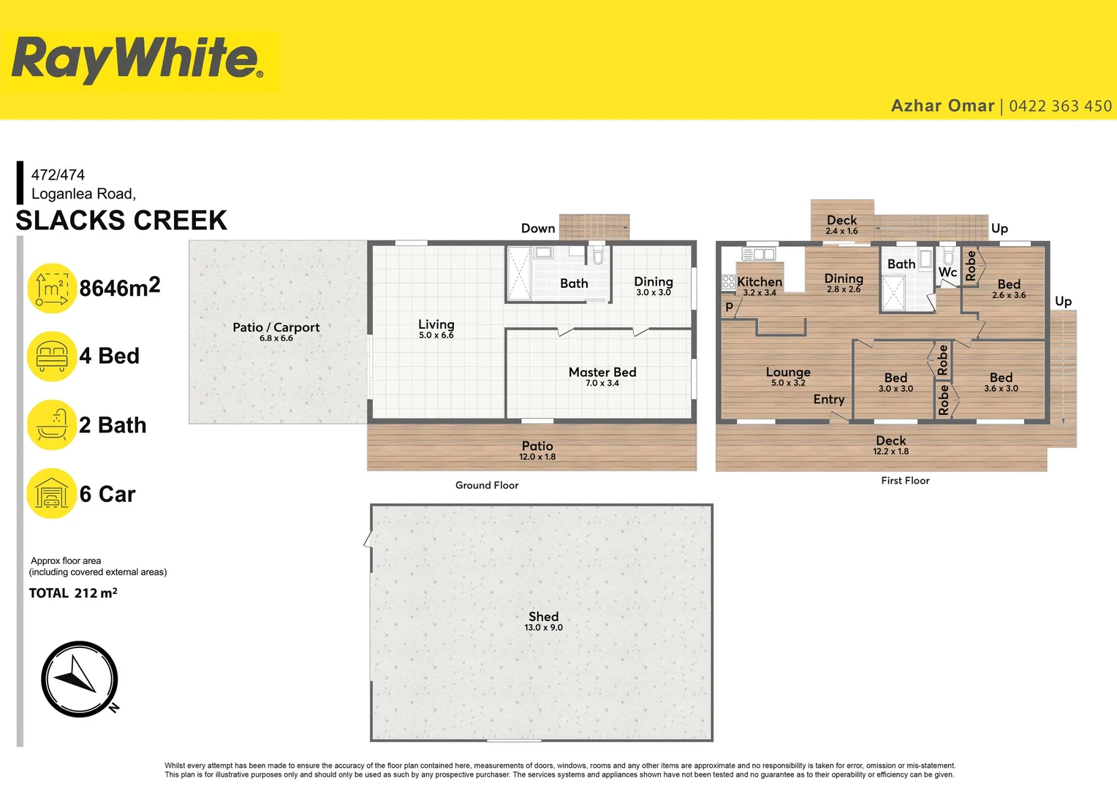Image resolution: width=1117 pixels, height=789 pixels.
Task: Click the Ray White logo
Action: [137, 60]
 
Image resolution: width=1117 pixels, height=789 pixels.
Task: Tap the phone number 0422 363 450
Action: [1060, 107]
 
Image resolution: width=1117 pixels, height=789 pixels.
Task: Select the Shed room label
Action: [543, 617]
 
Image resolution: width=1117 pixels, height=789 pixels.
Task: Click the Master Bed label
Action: [602, 373]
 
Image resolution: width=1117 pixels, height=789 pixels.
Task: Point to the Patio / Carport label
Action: [276, 327]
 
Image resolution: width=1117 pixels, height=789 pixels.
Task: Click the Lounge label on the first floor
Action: [788, 372]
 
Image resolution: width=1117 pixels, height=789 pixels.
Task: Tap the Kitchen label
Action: [760, 282]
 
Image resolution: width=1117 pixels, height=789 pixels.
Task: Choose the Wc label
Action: [947, 272]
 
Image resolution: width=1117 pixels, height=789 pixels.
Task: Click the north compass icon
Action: [79, 679]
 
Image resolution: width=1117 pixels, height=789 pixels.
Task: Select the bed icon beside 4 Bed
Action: [51, 356]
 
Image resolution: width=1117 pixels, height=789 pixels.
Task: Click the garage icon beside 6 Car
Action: [51, 494]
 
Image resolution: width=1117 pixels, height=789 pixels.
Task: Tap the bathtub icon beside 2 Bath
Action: [51, 424]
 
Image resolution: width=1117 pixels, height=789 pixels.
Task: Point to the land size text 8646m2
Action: [119, 288]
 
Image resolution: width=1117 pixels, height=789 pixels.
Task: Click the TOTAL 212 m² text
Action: [73, 593]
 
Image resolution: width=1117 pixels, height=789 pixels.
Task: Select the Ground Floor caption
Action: [487, 485]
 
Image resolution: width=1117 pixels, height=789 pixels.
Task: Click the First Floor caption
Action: [905, 481]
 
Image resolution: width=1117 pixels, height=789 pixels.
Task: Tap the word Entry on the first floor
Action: [829, 400]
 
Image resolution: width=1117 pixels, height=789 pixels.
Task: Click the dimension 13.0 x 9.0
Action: [543, 628]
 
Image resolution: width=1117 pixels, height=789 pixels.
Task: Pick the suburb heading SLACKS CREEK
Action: [121, 221]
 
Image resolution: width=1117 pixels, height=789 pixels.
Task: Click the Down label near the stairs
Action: [538, 229]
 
